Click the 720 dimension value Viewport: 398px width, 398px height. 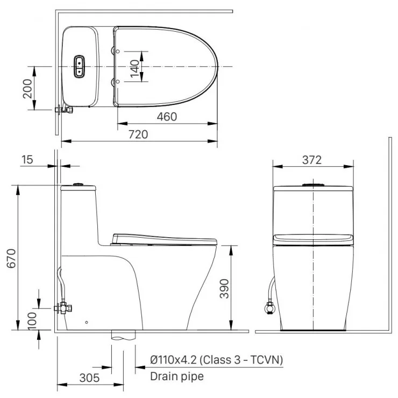pyautogui.click(x=138, y=134)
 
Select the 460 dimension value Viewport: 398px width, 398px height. pyautogui.click(x=166, y=117)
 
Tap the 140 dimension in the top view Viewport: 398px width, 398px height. pyautogui.click(x=134, y=67)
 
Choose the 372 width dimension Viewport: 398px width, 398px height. pyautogui.click(x=312, y=160)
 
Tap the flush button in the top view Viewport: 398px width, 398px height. pyautogui.click(x=79, y=66)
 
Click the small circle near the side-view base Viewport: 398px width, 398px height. pyautogui.click(x=87, y=323)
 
